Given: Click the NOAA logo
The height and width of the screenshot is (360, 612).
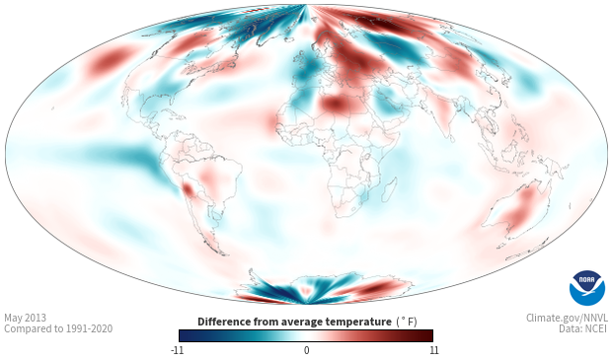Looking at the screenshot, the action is click(x=587, y=288).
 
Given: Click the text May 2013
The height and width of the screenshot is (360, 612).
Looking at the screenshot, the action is click(x=25, y=318).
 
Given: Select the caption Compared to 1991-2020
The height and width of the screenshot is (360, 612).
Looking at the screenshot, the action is click(x=58, y=328).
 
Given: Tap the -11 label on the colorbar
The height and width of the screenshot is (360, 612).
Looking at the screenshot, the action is click(x=177, y=350).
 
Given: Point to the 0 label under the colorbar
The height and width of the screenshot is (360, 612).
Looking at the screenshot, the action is click(x=306, y=350).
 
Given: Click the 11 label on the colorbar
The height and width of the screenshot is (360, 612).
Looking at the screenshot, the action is click(x=433, y=350).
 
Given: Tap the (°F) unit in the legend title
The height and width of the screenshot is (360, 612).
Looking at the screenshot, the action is click(x=407, y=323).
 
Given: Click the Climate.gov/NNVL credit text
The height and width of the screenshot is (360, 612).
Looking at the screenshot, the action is click(x=567, y=318).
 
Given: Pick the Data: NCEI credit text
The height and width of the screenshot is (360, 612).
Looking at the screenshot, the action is click(x=583, y=328).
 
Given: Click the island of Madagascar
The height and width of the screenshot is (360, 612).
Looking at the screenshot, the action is click(x=389, y=189).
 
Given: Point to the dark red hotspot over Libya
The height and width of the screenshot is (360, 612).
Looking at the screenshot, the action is click(x=336, y=104).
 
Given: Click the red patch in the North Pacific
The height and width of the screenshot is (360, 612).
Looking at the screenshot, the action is click(x=109, y=60).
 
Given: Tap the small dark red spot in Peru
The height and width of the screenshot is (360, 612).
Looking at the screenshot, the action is click(x=189, y=190).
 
